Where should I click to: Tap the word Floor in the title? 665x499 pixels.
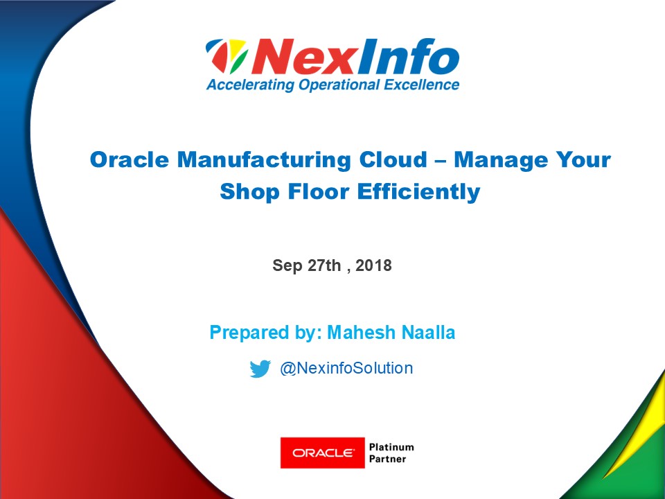coord(315,191)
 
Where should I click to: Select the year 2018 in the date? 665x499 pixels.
coord(374,265)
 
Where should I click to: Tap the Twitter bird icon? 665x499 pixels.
coord(260,369)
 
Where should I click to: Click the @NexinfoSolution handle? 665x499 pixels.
coord(346,368)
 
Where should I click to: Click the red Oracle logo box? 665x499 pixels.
coord(322,453)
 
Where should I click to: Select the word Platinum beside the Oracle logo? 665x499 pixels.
coord(391,447)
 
